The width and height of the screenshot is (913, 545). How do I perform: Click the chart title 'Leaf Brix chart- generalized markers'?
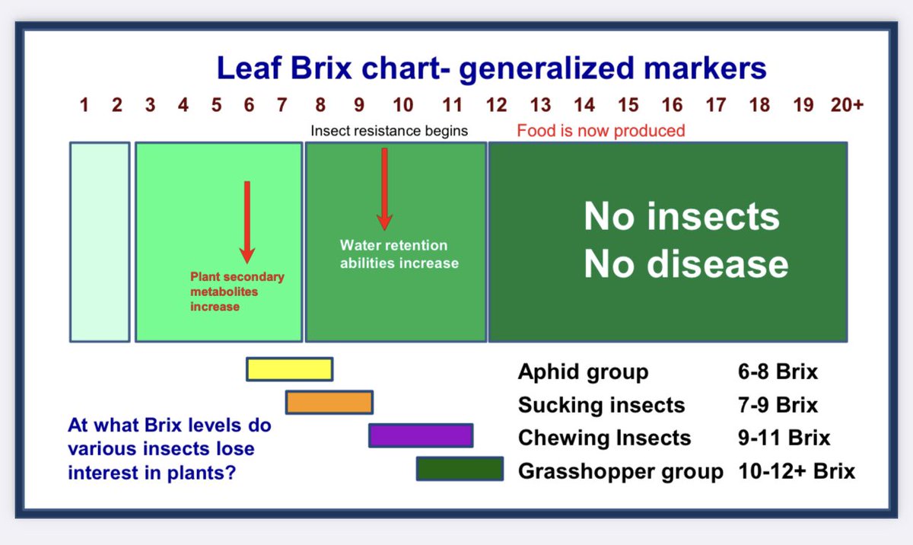(491, 68)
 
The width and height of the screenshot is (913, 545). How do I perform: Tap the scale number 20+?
(846, 105)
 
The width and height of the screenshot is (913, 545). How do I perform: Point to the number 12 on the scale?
(497, 105)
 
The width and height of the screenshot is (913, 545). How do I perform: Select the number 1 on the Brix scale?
(84, 105)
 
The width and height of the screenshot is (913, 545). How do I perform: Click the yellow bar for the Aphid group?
(289, 369)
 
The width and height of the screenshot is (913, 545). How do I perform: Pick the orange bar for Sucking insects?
(329, 402)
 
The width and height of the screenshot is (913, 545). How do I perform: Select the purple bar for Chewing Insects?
(421, 435)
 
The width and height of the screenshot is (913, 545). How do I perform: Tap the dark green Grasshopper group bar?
(460, 469)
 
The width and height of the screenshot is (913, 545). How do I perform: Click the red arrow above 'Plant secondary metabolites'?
(247, 221)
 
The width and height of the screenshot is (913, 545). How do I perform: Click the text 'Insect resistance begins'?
(389, 131)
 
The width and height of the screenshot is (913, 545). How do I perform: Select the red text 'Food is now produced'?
(601, 131)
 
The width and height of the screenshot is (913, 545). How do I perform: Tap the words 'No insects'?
(682, 217)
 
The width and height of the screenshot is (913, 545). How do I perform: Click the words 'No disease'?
(686, 264)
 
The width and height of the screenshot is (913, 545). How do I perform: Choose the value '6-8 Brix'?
(772, 372)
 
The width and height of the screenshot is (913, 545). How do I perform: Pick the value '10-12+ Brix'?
(797, 471)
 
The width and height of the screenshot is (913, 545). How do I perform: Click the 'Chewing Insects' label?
(604, 438)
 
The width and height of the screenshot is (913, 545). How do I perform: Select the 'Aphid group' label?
(583, 372)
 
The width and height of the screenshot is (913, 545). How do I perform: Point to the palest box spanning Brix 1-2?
(100, 241)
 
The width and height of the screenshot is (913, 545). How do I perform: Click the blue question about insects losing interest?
(169, 449)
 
